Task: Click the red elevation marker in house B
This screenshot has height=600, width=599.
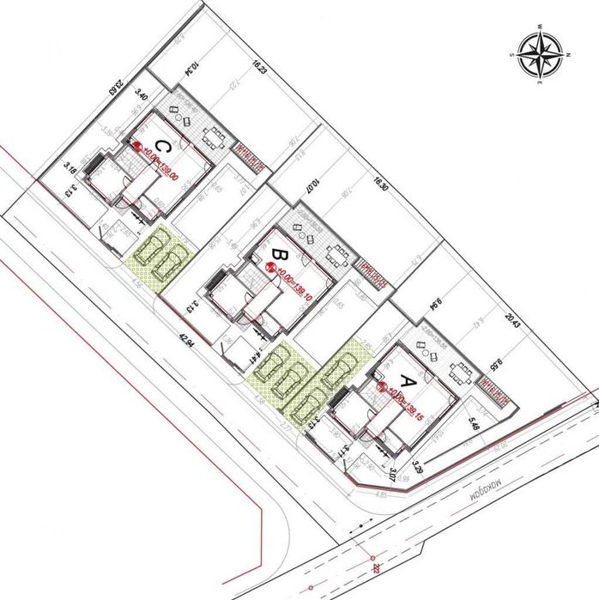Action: (x=271, y=269)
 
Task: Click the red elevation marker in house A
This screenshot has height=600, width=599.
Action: (x=381, y=388)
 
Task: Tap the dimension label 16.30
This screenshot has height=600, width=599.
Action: (x=381, y=188)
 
